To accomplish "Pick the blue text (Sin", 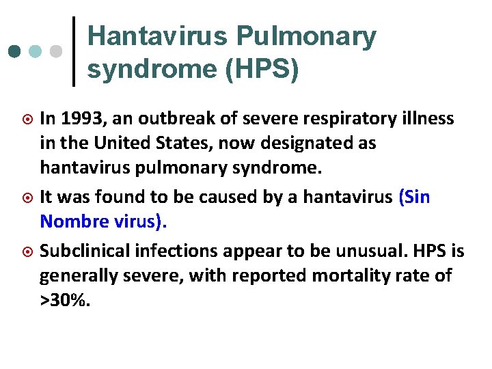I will pyautogui.click(x=414, y=197).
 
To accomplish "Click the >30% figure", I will pyautogui.click(x=64, y=301).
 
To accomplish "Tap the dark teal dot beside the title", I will pyautogui.click(x=15, y=52).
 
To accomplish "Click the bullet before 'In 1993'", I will pyautogui.click(x=27, y=120).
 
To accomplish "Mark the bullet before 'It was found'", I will pyautogui.click(x=27, y=198).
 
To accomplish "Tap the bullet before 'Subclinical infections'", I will pyautogui.click(x=27, y=252).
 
